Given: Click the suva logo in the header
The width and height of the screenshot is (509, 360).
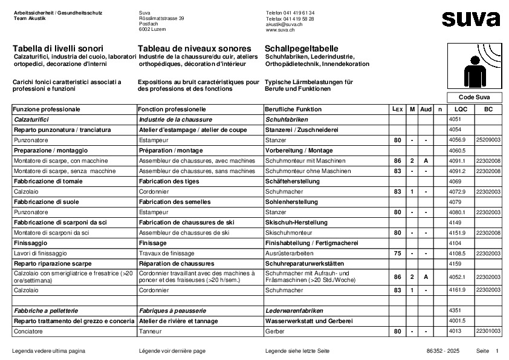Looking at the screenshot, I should [471, 19].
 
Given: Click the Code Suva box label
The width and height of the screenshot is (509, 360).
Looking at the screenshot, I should [475, 97].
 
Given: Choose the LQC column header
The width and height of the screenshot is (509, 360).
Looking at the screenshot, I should [461, 110].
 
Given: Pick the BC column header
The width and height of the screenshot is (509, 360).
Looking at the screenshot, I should [488, 110].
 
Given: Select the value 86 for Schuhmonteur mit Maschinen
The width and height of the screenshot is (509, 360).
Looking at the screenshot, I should [397, 161].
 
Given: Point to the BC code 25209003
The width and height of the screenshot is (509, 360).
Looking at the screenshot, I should [488, 140].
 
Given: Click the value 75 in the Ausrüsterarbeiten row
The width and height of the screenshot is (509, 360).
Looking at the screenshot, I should [397, 254].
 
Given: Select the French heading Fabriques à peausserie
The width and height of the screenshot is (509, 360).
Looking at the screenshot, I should [172, 310].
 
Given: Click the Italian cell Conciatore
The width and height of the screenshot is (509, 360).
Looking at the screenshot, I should [27, 332].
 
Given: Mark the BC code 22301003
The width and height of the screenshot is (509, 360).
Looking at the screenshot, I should [488, 332].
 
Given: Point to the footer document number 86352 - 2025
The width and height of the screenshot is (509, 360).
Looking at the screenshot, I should [443, 351].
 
